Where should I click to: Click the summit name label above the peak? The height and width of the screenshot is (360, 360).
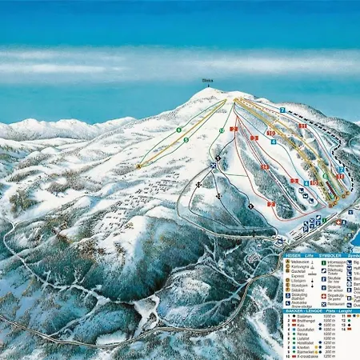click(206, 80)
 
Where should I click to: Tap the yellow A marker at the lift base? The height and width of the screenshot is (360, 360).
click(138, 166)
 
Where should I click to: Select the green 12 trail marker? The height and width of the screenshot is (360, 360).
click(222, 130)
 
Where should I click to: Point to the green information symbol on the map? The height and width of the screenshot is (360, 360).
click(325, 218)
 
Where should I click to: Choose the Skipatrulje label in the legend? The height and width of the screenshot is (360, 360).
click(334, 294)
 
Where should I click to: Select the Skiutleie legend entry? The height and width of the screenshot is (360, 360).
click(334, 278)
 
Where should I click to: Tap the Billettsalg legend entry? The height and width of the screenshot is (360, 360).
click(334, 270)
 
